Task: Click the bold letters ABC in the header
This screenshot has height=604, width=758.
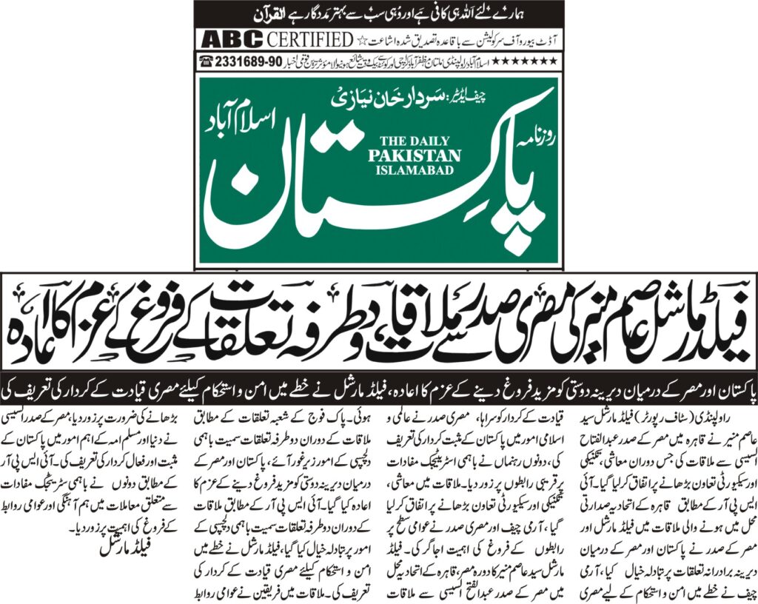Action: coord(224,39)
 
